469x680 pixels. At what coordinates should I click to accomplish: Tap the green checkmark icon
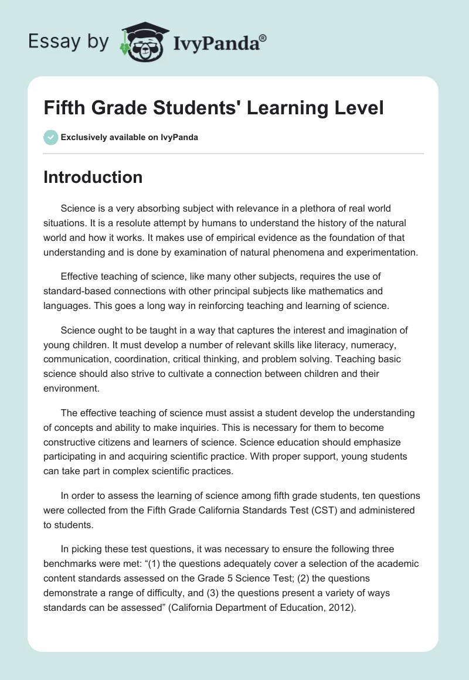pos(50,137)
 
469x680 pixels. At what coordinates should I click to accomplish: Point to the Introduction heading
pos(93,177)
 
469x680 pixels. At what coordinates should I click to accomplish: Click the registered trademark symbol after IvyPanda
pos(263,38)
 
